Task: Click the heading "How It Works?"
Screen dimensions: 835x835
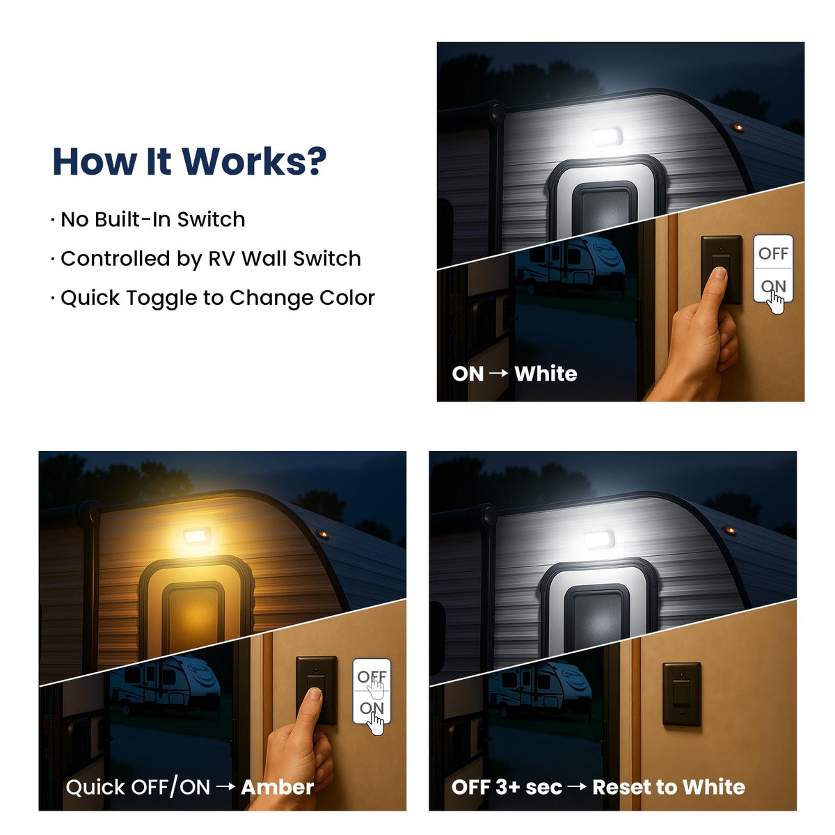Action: click(x=189, y=161)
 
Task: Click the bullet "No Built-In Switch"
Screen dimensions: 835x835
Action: click(x=152, y=219)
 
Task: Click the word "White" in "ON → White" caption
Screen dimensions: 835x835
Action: click(x=546, y=374)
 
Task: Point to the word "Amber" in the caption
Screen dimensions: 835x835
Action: click(x=278, y=787)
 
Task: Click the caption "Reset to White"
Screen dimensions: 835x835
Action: click(x=669, y=787)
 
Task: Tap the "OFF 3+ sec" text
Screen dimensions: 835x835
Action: click(x=507, y=787)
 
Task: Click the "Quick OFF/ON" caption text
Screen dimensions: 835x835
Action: click(x=138, y=787)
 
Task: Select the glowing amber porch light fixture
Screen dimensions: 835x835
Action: click(x=197, y=536)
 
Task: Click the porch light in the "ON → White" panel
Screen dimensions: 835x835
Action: click(x=607, y=137)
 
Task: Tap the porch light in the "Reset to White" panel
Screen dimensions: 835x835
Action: click(x=599, y=539)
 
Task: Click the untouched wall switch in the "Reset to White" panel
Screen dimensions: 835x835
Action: click(x=682, y=694)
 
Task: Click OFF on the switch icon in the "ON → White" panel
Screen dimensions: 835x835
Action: click(x=773, y=253)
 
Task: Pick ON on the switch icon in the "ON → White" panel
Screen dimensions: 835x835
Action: click(x=773, y=286)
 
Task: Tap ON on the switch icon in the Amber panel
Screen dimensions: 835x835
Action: click(x=372, y=708)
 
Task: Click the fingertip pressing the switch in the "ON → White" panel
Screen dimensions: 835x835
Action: click(x=719, y=273)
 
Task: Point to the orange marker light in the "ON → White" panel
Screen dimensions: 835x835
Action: click(x=738, y=128)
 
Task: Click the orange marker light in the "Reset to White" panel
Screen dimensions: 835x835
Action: click(x=730, y=531)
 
